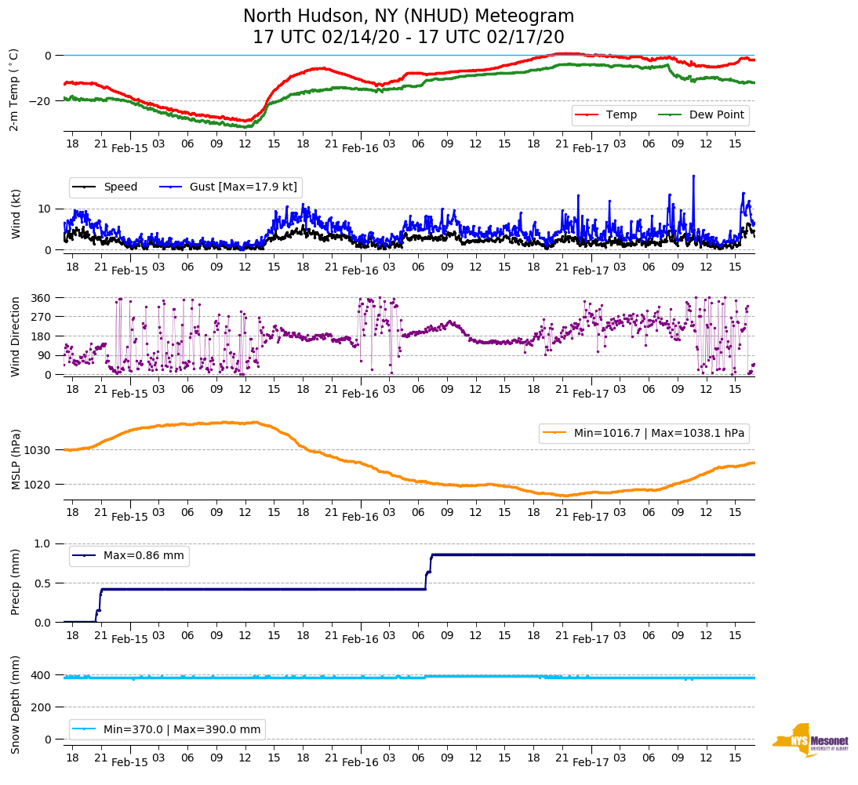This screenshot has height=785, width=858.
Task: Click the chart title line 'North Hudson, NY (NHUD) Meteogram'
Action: [x=408, y=16]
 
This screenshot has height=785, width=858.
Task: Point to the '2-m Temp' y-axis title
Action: [x=13, y=89]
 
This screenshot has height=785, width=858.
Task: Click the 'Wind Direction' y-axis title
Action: [x=15, y=336]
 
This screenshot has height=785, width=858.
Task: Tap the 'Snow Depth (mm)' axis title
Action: [x=15, y=703]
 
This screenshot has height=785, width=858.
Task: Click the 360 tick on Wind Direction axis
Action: [x=41, y=298]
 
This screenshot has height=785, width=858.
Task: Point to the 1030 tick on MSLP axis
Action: [x=38, y=450]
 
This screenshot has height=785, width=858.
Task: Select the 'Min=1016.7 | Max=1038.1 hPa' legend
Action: [x=643, y=433]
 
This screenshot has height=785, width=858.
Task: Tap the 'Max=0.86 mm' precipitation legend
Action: [x=129, y=556]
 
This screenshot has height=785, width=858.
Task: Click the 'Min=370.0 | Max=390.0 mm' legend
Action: [x=167, y=730]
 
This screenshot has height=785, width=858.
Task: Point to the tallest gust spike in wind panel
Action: [x=693, y=176]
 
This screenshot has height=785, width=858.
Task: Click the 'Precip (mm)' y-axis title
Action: [x=15, y=582]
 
